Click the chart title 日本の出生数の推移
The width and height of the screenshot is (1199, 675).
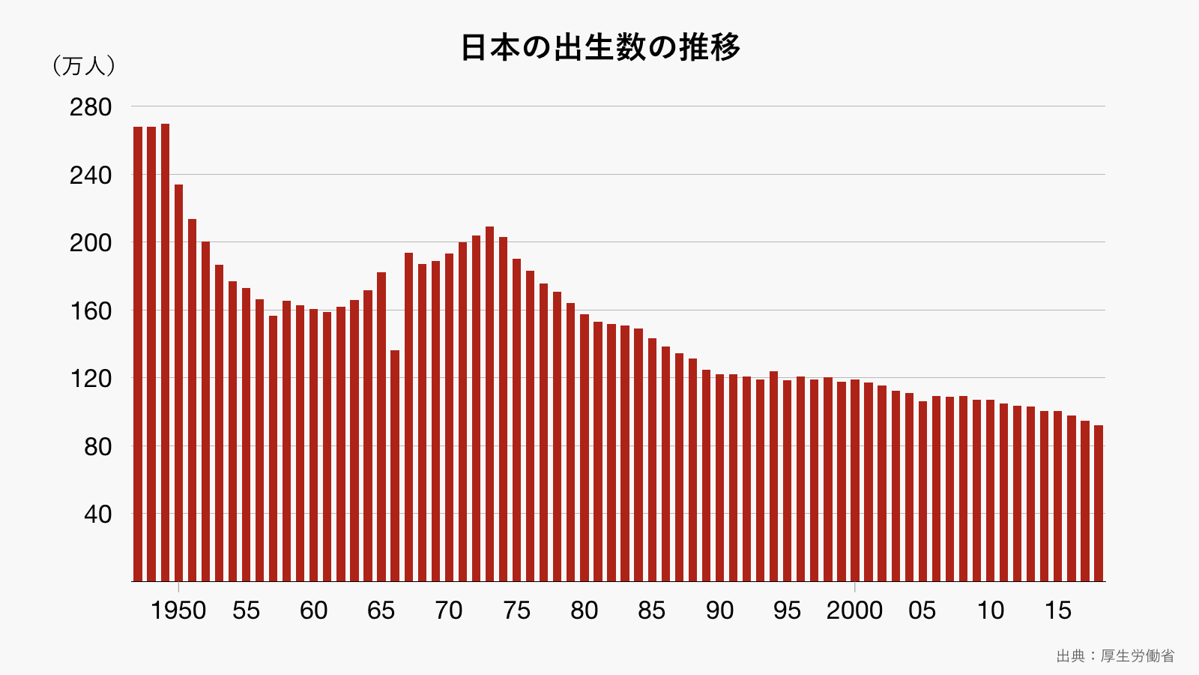[600, 47]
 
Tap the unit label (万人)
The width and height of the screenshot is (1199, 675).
[84, 66]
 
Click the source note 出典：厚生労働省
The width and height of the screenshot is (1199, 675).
[1115, 655]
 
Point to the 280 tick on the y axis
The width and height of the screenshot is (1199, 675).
[91, 107]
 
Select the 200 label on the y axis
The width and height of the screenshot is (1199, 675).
[91, 243]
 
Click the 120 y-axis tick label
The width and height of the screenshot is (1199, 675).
[91, 379]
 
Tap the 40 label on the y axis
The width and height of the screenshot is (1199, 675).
[97, 514]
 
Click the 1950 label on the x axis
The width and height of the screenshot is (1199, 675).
[178, 610]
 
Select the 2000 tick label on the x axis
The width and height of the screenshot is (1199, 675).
[854, 610]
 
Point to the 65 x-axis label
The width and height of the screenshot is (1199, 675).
[381, 610]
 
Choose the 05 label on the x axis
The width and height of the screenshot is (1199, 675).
[922, 610]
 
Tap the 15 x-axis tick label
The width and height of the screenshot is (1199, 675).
[1057, 610]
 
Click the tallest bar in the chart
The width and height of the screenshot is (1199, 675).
[165, 352]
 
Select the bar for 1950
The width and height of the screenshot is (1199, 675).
[178, 382]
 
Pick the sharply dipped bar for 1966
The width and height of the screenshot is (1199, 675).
[395, 465]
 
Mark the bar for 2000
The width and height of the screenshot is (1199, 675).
[855, 480]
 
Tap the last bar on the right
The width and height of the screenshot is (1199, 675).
[1099, 502]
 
